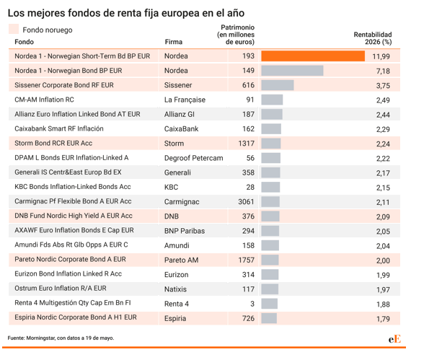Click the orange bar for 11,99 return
click(313, 56)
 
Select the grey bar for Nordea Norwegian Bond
click(292, 71)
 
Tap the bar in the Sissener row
click(278, 85)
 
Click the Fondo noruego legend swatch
click(14, 29)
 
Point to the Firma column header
click(174, 42)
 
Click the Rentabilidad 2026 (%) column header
click(373, 38)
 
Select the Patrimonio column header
click(236, 35)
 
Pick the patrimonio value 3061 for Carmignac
click(246, 202)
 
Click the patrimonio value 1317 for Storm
click(246, 144)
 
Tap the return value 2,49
click(383, 100)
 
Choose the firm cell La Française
click(185, 100)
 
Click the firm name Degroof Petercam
click(193, 158)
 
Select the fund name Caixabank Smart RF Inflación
click(59, 128)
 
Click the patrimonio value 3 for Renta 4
click(252, 304)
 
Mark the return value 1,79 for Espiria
click(383, 319)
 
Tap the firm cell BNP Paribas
click(185, 231)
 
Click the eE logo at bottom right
click(395, 339)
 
